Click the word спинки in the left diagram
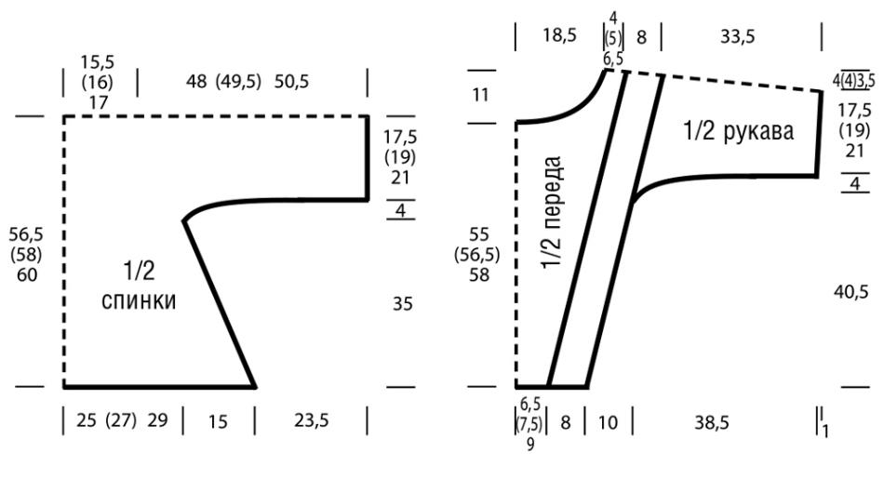139,301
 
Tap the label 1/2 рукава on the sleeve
739,131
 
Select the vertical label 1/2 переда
553,212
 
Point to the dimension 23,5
311,420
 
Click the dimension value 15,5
98,62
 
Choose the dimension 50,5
292,82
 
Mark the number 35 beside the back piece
403,304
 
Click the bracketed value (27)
121,420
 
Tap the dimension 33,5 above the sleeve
737,36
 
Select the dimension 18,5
560,36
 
